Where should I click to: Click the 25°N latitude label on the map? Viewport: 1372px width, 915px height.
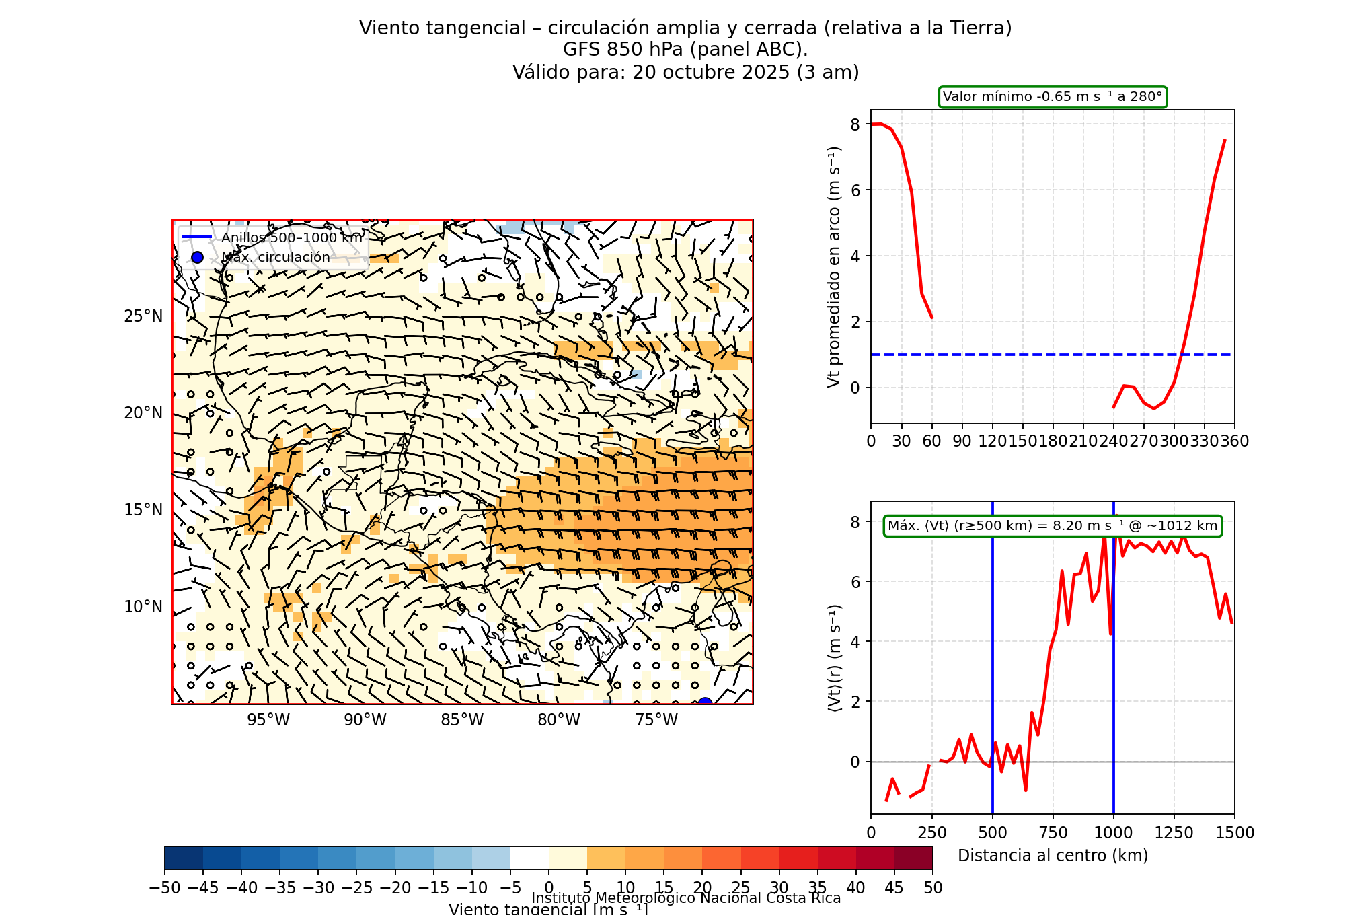tap(143, 316)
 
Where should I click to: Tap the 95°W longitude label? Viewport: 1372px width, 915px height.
tap(268, 720)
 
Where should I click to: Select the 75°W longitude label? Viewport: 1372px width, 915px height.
tap(656, 720)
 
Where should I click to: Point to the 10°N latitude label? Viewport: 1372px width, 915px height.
tap(143, 607)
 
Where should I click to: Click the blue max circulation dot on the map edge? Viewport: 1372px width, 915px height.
tap(705, 703)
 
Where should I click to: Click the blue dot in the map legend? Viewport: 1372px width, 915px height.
tap(197, 257)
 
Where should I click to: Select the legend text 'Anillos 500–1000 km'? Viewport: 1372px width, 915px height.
tap(292, 237)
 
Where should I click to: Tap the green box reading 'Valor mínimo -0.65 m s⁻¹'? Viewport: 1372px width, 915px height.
tap(1053, 97)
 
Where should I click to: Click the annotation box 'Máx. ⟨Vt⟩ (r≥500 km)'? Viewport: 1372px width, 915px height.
tap(1053, 526)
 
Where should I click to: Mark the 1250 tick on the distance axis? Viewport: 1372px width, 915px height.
tap(1174, 833)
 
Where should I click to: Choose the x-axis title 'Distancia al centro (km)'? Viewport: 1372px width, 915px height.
tap(1053, 856)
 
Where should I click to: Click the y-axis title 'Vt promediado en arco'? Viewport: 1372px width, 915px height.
tap(834, 266)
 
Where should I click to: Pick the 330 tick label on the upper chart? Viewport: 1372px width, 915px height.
tap(1205, 441)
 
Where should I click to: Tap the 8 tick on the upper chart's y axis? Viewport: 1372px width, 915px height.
tap(855, 124)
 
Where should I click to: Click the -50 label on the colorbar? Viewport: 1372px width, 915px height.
tap(165, 888)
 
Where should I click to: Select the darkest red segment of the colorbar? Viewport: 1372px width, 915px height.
tap(913, 858)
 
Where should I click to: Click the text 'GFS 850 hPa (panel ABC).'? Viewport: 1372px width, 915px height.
tap(685, 50)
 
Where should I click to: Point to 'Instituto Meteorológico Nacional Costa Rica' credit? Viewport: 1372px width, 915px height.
tap(686, 898)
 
